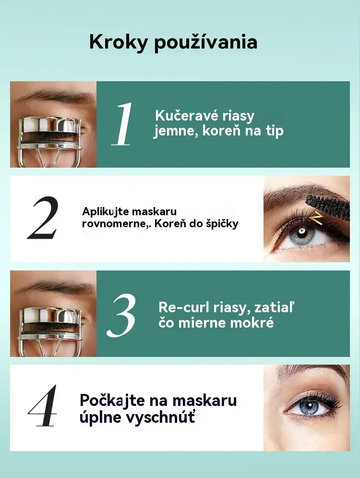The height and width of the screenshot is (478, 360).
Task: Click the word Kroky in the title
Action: [118, 42]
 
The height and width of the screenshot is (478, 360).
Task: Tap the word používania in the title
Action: [205, 42]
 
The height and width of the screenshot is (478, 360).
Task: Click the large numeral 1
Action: [122, 124]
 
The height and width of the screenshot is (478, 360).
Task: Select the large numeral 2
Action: [42, 217]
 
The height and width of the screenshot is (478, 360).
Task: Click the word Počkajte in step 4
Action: [112, 401]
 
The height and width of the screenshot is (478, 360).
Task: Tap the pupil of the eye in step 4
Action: [309, 406]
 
